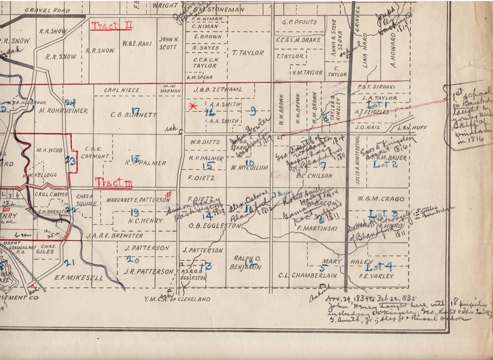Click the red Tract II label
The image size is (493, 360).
point(112,26)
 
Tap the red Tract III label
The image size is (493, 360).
point(113,182)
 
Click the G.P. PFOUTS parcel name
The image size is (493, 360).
point(299,23)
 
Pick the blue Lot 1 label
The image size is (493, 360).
point(378,104)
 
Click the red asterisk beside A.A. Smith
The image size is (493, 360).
point(192,107)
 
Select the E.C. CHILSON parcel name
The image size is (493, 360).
point(314,176)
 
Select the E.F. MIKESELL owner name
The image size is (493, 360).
point(79,278)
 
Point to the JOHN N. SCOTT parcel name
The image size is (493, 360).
point(169,43)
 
